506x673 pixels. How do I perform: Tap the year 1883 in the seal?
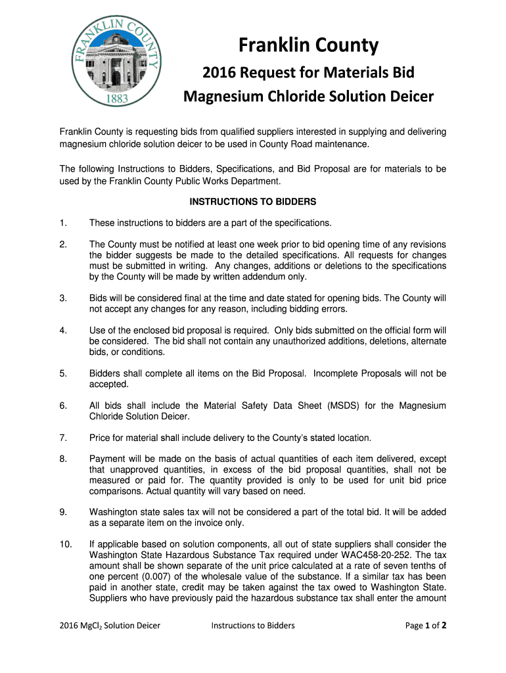pyautogui.click(x=117, y=100)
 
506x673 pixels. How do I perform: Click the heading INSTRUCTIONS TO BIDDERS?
pyautogui.click(x=253, y=201)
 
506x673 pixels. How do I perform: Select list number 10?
pyautogui.click(x=65, y=544)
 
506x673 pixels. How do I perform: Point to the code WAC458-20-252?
pyautogui.click(x=369, y=555)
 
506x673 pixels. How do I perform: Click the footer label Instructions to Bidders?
pyautogui.click(x=252, y=626)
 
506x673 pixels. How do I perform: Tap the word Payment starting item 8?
pyautogui.click(x=108, y=459)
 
